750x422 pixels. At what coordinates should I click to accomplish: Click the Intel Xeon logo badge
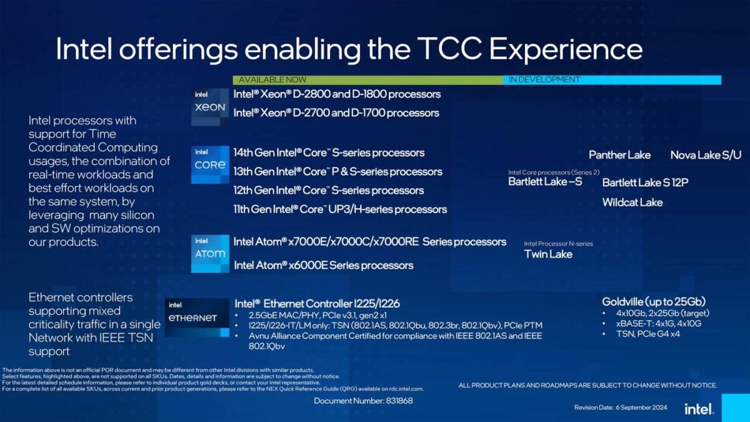click(x=210, y=106)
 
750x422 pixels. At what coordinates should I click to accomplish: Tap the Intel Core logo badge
click(x=210, y=164)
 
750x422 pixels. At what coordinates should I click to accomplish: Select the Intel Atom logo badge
click(x=210, y=253)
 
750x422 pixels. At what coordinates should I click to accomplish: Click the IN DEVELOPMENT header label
click(x=544, y=80)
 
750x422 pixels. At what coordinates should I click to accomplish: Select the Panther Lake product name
click(x=619, y=155)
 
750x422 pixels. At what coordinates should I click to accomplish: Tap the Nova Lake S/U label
click(x=706, y=155)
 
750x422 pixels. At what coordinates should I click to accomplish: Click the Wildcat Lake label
click(x=632, y=202)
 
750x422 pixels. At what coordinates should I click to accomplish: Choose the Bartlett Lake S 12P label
click(x=645, y=183)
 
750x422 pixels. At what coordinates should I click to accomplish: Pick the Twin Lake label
click(x=548, y=254)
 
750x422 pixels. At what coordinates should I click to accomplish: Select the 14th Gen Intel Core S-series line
click(x=329, y=153)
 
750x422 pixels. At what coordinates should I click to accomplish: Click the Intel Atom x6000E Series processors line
click(x=323, y=265)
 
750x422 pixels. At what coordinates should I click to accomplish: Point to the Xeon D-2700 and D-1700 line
click(x=336, y=113)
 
